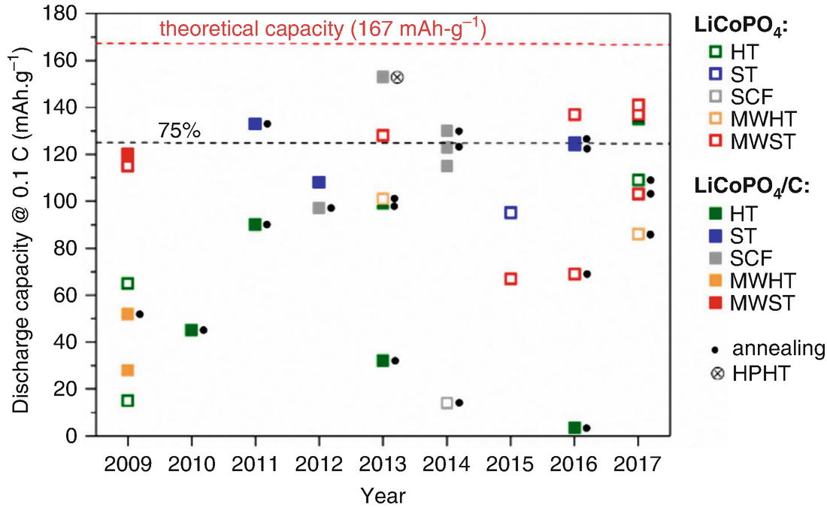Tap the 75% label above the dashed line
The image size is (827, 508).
click(x=179, y=130)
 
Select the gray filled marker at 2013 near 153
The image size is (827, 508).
click(x=383, y=77)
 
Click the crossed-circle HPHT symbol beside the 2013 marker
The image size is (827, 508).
click(x=398, y=77)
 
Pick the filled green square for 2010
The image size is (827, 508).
click(x=191, y=330)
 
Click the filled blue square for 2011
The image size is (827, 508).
click(x=255, y=123)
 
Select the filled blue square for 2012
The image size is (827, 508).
click(x=319, y=182)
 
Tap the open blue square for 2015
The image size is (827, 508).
click(x=510, y=212)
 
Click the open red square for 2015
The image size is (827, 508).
click(x=510, y=278)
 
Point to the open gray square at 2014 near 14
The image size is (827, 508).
click(x=447, y=403)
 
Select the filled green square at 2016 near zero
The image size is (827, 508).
click(x=574, y=427)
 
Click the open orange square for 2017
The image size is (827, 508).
click(x=638, y=234)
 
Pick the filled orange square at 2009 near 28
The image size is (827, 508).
click(x=128, y=370)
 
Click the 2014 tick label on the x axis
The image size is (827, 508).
click(x=447, y=463)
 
